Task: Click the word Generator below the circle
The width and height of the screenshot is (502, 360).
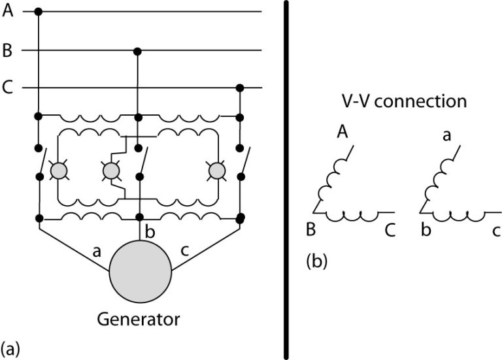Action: pyautogui.click(x=138, y=319)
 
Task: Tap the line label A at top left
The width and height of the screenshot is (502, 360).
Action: pyautogui.click(x=8, y=11)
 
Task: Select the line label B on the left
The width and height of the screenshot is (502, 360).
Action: pyautogui.click(x=8, y=51)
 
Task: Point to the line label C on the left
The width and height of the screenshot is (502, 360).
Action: pyautogui.click(x=8, y=88)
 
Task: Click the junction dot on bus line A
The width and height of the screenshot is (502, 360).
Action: pyautogui.click(x=39, y=12)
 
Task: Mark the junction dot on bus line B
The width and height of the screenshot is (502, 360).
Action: pyautogui.click(x=137, y=51)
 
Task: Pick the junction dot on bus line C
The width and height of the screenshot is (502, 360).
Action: pyautogui.click(x=240, y=88)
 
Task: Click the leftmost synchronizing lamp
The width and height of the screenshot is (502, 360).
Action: pyautogui.click(x=59, y=171)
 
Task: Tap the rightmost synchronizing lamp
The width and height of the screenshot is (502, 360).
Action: pyautogui.click(x=216, y=171)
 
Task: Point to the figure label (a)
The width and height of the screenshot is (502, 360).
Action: pyautogui.click(x=10, y=347)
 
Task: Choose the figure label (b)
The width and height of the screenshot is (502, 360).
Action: pyautogui.click(x=316, y=262)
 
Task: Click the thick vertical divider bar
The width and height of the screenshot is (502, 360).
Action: pyautogui.click(x=286, y=180)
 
